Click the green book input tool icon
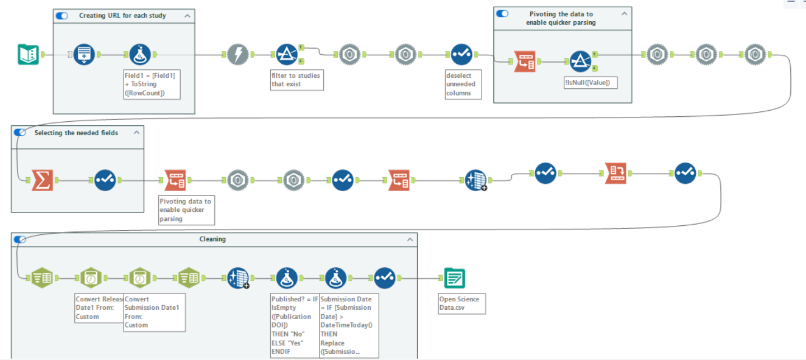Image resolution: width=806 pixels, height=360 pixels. tap(28, 54)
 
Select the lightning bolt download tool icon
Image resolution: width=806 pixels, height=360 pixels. tap(238, 54)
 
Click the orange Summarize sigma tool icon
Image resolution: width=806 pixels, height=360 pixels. tap(43, 180)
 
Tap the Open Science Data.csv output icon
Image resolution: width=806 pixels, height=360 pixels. tap(454, 278)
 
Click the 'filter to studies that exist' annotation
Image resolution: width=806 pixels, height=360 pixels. tap(296, 79)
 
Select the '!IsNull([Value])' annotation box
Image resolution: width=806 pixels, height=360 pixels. tap(590, 83)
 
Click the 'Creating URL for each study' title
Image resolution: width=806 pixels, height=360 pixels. tap(122, 16)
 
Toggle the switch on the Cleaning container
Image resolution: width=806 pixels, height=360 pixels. tap(20, 239)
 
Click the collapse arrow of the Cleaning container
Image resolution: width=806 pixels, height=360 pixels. tap(410, 239)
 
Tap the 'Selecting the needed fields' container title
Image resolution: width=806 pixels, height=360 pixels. tap(76, 133)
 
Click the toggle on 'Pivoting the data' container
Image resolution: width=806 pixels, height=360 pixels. tap(502, 13)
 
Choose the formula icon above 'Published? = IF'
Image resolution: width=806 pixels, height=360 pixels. tap(286, 278)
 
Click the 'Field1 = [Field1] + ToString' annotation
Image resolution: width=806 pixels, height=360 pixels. tap(152, 84)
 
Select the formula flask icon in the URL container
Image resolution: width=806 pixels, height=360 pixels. tap(140, 54)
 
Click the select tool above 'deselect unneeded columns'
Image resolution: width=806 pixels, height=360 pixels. tap(462, 54)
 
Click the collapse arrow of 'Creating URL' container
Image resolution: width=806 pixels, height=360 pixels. tap(187, 16)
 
